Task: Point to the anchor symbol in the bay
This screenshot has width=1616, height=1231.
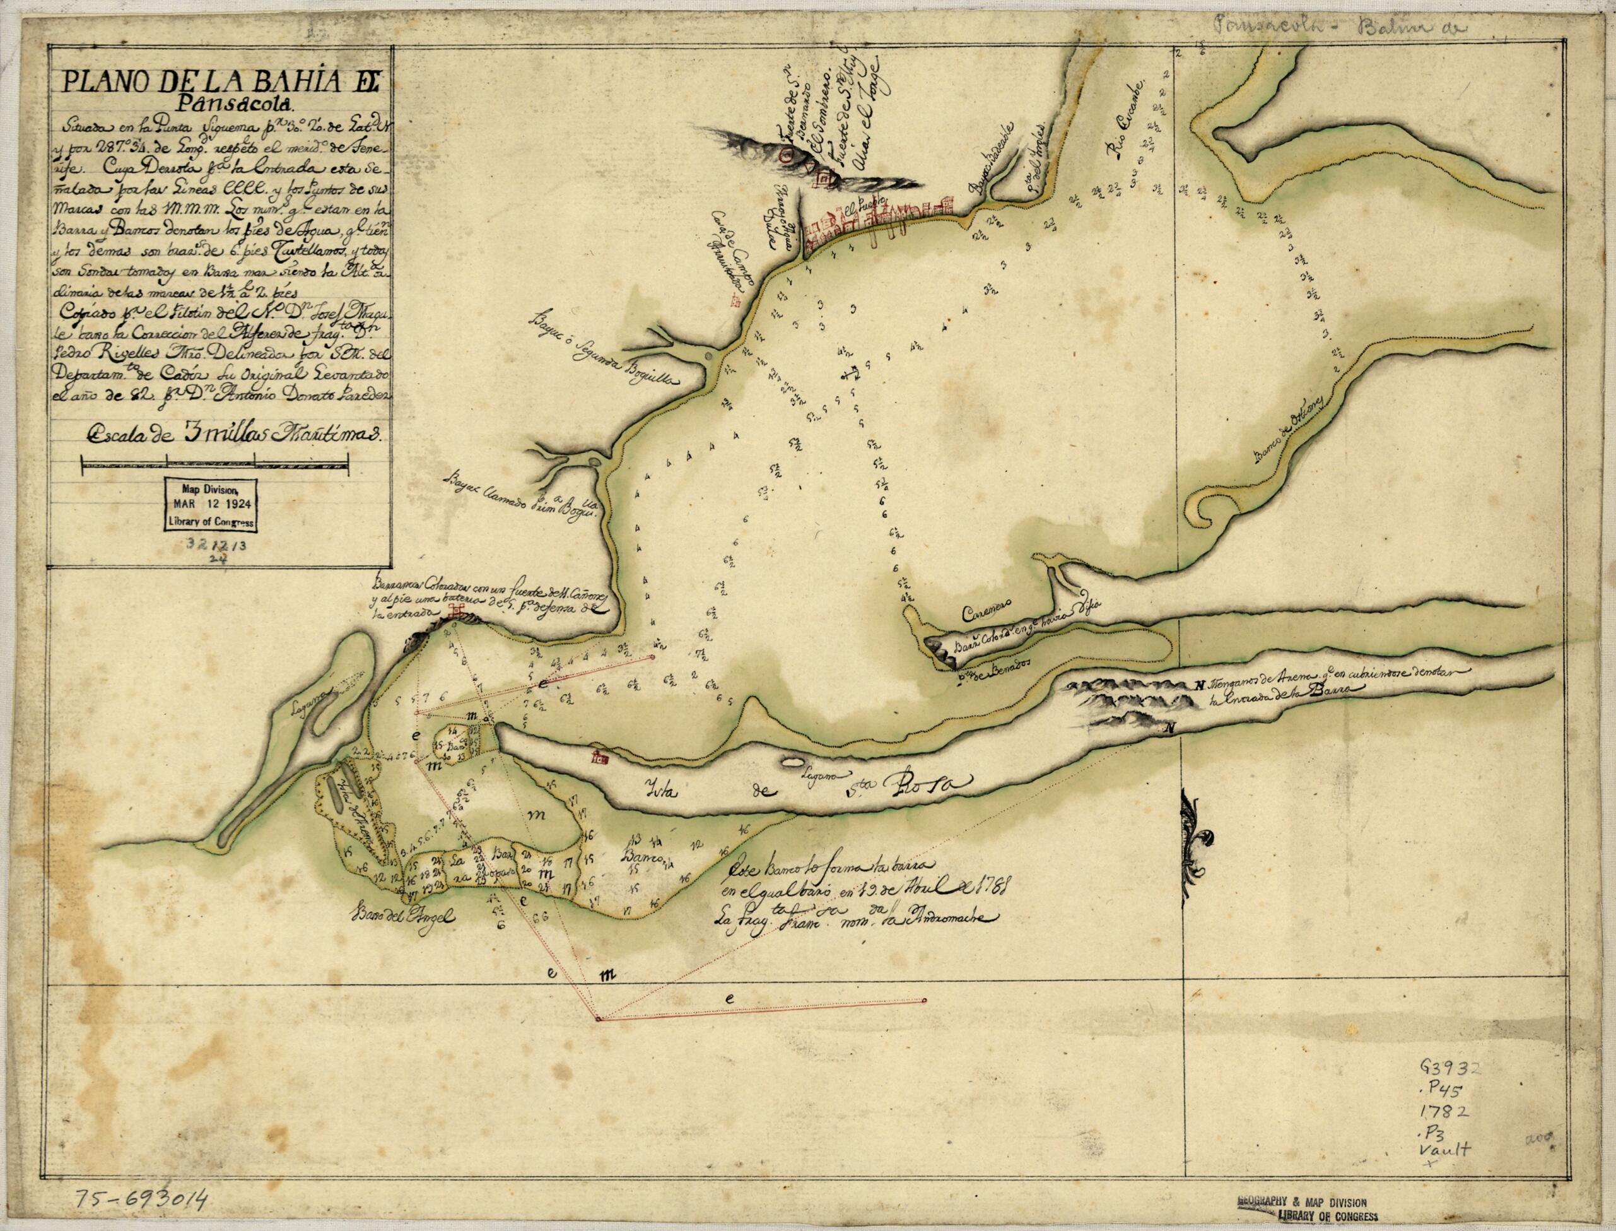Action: (852, 373)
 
